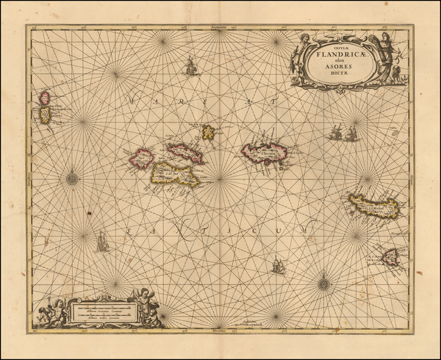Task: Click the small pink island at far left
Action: [x=46, y=97]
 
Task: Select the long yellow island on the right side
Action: [x=373, y=205]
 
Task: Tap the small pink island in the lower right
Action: [x=390, y=256]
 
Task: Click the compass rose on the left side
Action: [x=72, y=176]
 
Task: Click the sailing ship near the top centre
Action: [x=191, y=67]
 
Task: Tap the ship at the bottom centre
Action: [x=278, y=266]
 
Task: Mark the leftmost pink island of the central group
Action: [x=141, y=158]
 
